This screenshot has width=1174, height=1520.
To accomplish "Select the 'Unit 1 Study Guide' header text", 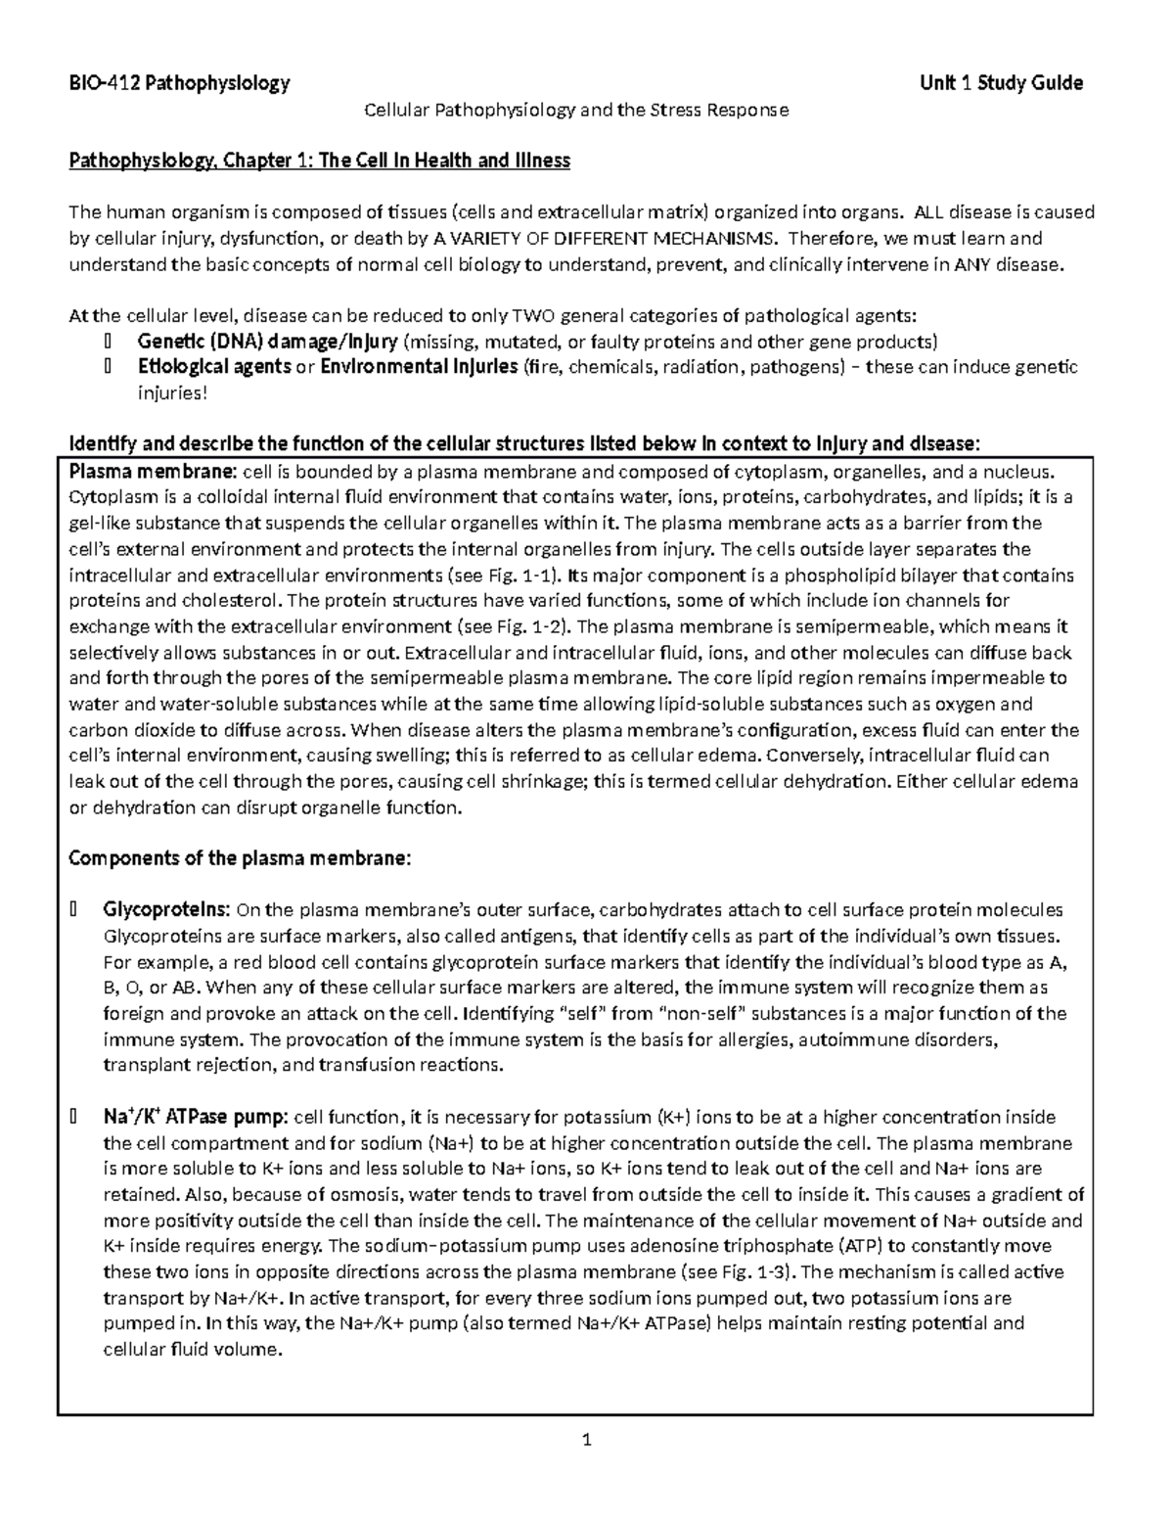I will [x=1001, y=83].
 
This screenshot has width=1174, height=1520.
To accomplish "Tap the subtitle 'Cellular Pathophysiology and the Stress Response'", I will [x=576, y=110].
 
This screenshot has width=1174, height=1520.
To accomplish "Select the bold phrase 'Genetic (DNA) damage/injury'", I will [x=267, y=342].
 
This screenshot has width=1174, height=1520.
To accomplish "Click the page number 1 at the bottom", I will [x=587, y=1440].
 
